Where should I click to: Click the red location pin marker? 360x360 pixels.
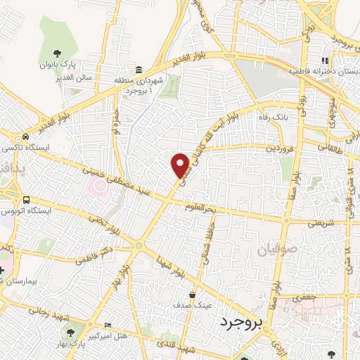(180, 165)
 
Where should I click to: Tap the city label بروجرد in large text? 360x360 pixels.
(240, 323)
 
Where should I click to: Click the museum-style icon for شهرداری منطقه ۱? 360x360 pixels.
(139, 70)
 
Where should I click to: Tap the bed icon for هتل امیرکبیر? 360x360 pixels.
(108, 325)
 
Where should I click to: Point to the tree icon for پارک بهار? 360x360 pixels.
(70, 331)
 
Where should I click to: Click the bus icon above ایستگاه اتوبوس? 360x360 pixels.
(26, 199)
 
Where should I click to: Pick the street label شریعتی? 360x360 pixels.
(321, 224)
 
